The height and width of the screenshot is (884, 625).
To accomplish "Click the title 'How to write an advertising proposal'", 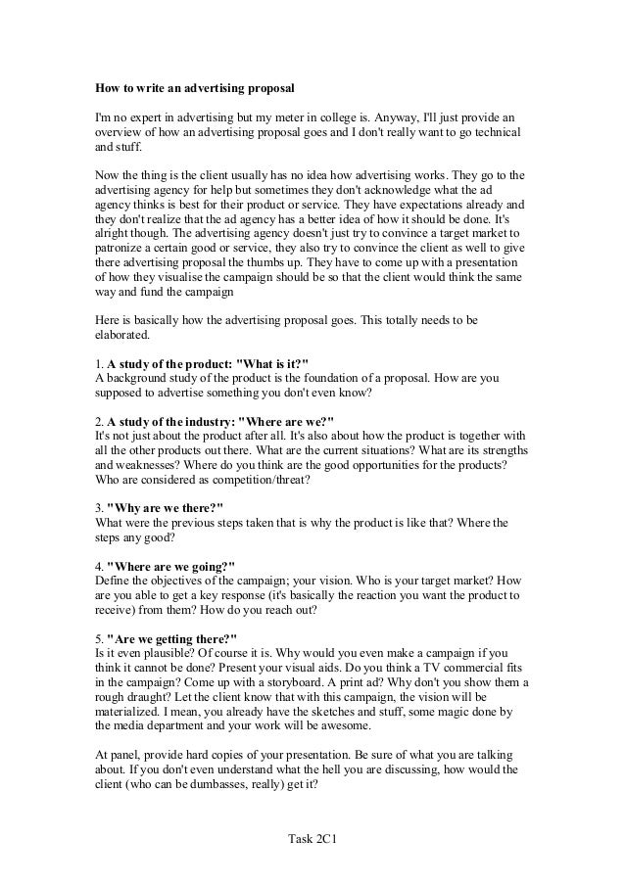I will [x=194, y=86].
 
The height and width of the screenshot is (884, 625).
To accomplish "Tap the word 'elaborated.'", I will [x=123, y=337].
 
